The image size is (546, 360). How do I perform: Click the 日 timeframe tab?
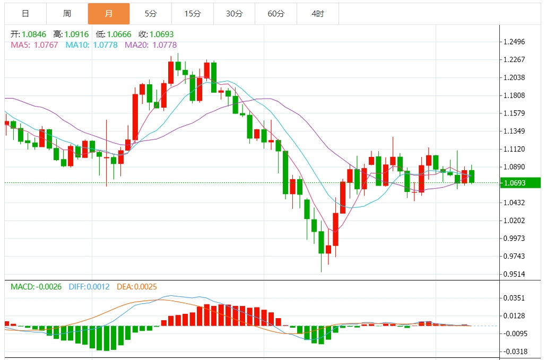pyautogui.click(x=25, y=14)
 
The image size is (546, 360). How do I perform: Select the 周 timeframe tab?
pyautogui.click(x=67, y=14)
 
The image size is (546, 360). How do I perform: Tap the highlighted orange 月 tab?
pyautogui.click(x=109, y=14)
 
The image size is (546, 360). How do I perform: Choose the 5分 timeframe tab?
pyautogui.click(x=151, y=14)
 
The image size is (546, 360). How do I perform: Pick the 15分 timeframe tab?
pyautogui.click(x=193, y=14)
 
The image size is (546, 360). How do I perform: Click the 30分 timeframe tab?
pyautogui.click(x=234, y=14)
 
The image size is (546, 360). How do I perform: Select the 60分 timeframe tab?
pyautogui.click(x=276, y=14)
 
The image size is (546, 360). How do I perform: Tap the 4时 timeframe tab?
pyautogui.click(x=317, y=14)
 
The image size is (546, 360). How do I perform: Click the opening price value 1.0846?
pyautogui.click(x=34, y=34)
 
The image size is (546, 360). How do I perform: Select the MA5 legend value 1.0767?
pyautogui.click(x=46, y=45)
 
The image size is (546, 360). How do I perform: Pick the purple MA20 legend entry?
pyautogui.click(x=151, y=45)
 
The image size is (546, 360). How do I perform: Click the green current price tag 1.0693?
pyautogui.click(x=521, y=183)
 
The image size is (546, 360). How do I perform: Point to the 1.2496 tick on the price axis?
pyautogui.click(x=514, y=42)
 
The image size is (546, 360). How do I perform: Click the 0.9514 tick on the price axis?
pyautogui.click(x=514, y=274)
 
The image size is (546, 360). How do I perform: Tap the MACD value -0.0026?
pyautogui.click(x=48, y=287)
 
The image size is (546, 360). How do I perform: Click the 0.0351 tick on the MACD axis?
pyautogui.click(x=514, y=298)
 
